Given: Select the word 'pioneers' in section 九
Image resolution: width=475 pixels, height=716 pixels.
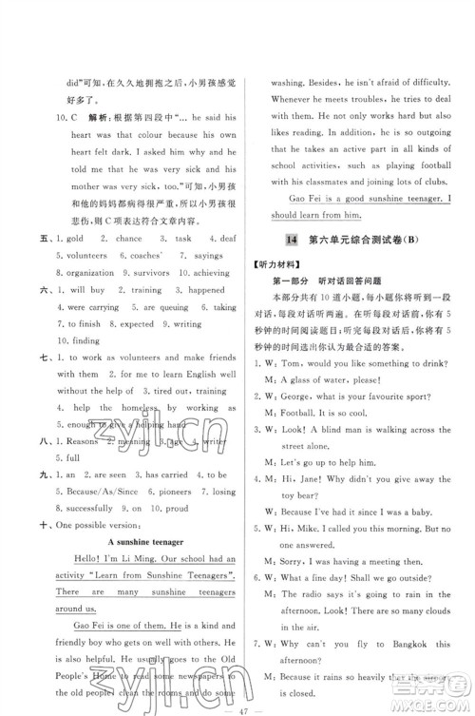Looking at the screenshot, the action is [x=180, y=491].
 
